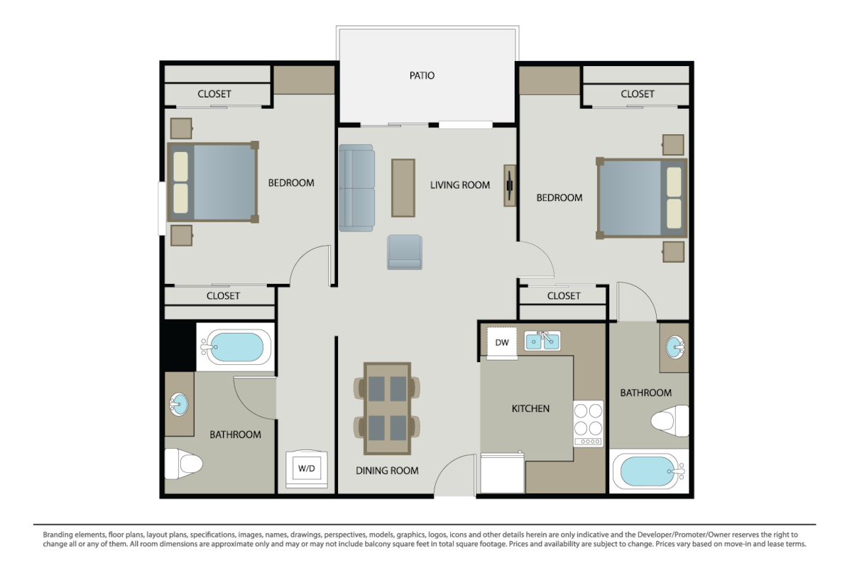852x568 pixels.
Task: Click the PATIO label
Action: (x=422, y=75)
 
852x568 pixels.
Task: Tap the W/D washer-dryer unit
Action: (x=307, y=469)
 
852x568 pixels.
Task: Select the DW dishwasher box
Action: (x=502, y=342)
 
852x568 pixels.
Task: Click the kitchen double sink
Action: (x=542, y=341)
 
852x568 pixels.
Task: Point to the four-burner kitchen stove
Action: (x=588, y=423)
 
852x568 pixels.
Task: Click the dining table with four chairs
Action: (x=387, y=408)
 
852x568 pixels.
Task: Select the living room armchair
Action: (x=405, y=252)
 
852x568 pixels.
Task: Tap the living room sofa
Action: (x=356, y=188)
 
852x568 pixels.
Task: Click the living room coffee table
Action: (x=403, y=188)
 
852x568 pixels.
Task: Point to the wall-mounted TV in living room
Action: (x=510, y=185)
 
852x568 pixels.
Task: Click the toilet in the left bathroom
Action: (x=183, y=464)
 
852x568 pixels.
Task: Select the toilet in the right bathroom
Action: (x=670, y=421)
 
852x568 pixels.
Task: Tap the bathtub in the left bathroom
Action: (x=236, y=347)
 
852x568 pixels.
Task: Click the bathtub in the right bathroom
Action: (x=649, y=471)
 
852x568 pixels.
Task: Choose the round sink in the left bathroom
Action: (x=178, y=404)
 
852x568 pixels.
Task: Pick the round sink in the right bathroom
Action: (x=675, y=347)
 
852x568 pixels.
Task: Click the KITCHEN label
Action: (x=530, y=408)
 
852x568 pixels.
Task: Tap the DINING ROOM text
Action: (x=387, y=471)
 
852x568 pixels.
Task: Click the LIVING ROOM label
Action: (x=460, y=185)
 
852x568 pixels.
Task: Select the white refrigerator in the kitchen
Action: (x=503, y=473)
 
